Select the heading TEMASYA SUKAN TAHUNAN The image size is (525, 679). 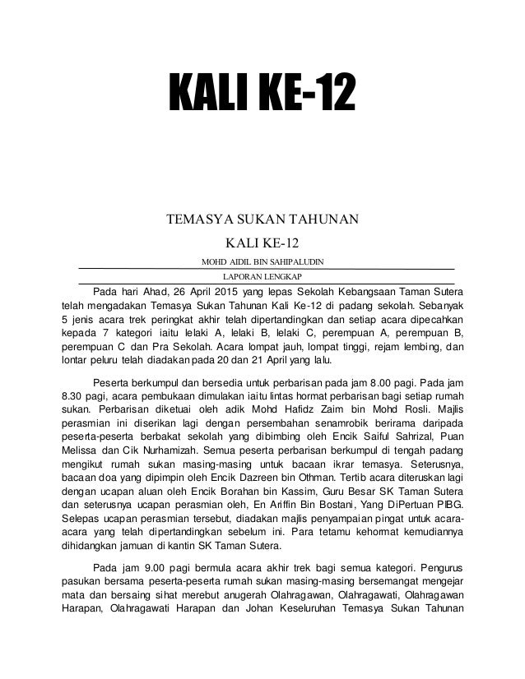(262, 219)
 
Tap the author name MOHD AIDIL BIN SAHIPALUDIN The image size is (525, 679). (262, 261)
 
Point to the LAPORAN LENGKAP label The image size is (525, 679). (262, 276)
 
